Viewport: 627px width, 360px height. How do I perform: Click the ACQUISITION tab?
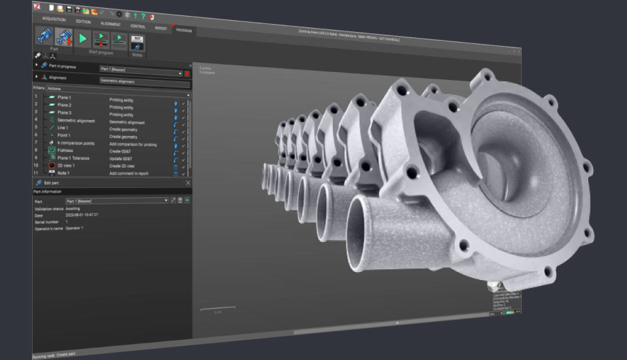[x=53, y=19]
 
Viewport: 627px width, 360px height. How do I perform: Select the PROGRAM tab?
[x=184, y=30]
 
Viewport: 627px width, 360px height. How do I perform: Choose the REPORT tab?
[x=161, y=28]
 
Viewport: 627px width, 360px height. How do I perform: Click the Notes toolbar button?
[x=137, y=44]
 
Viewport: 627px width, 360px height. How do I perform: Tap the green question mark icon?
[x=143, y=15]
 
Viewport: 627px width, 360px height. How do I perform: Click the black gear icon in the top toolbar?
[x=119, y=13]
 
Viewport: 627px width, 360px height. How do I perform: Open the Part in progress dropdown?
[x=180, y=71]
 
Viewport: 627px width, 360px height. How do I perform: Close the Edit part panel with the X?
[x=188, y=183]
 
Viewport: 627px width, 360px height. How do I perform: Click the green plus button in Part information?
[x=187, y=200]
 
